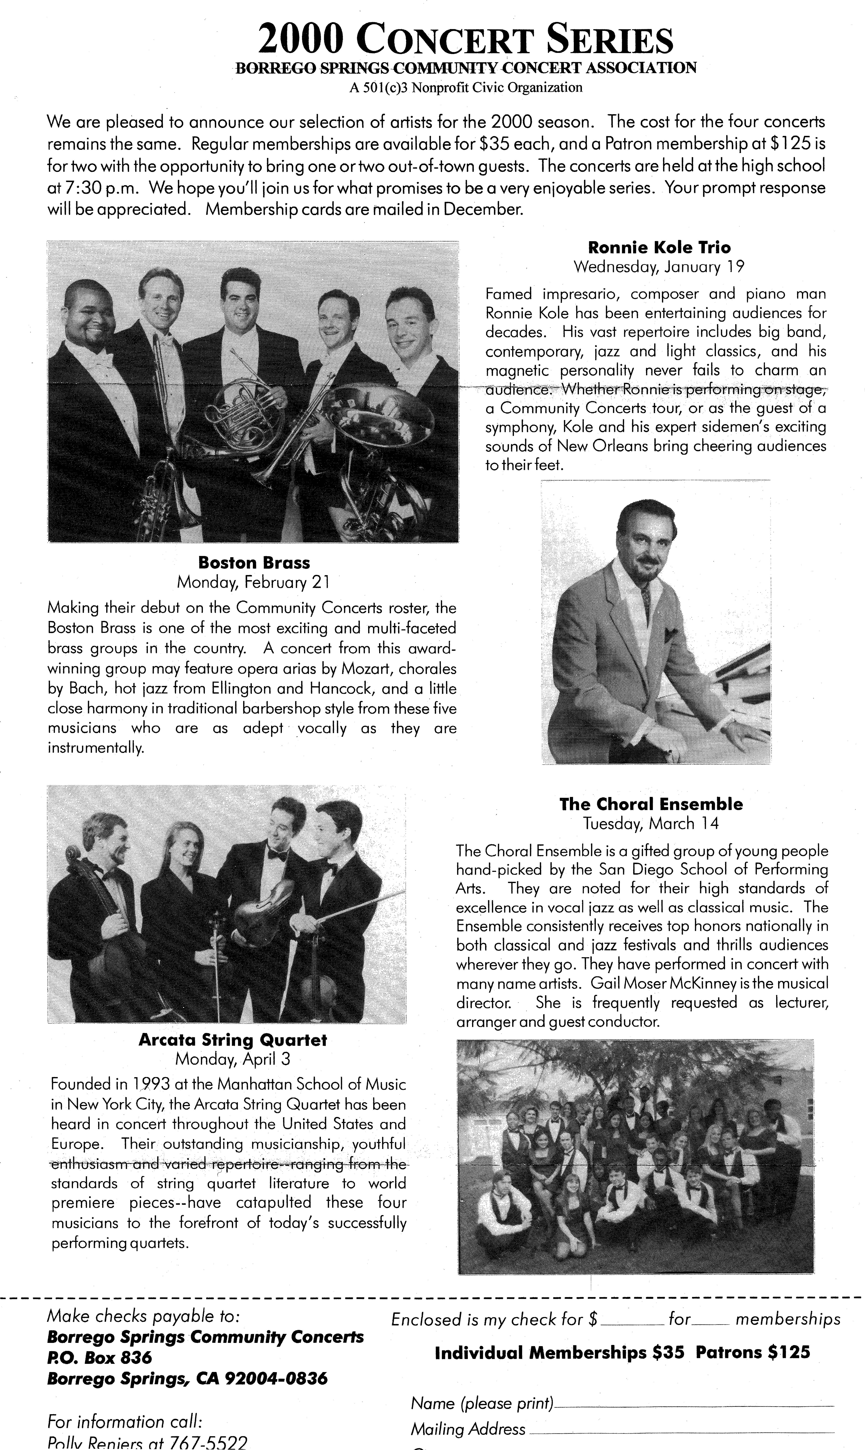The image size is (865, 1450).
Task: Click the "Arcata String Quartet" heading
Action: pos(233,1040)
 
